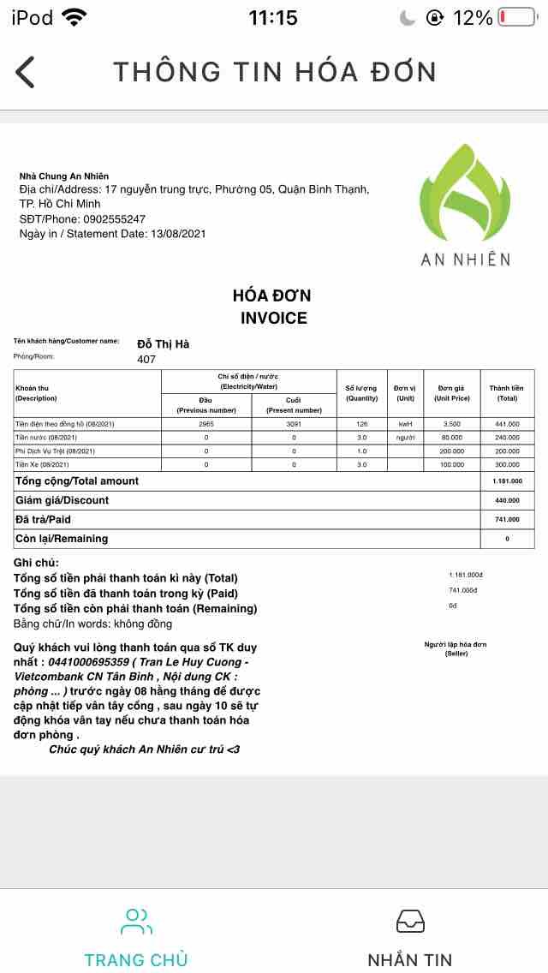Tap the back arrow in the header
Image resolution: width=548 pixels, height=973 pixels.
(26, 72)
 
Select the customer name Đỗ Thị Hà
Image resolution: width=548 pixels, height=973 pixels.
(163, 343)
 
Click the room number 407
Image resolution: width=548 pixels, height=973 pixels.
(146, 359)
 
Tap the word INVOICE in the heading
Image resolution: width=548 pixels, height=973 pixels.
(273, 318)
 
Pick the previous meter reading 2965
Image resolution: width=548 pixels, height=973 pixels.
(206, 423)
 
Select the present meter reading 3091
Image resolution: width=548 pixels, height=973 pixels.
(294, 423)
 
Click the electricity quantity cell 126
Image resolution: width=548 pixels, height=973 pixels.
(361, 423)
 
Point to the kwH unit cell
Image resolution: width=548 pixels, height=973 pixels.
(405, 423)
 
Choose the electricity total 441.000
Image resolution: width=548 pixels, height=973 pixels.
(507, 423)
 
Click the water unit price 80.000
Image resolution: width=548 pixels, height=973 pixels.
(451, 437)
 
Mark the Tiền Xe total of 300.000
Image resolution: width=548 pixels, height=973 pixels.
(507, 464)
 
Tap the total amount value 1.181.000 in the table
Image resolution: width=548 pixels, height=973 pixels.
(507, 481)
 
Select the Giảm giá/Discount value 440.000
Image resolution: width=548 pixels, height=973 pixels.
(507, 500)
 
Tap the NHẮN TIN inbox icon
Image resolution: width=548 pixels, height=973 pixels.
(410, 921)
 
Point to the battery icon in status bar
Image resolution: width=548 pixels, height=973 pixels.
(516, 17)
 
